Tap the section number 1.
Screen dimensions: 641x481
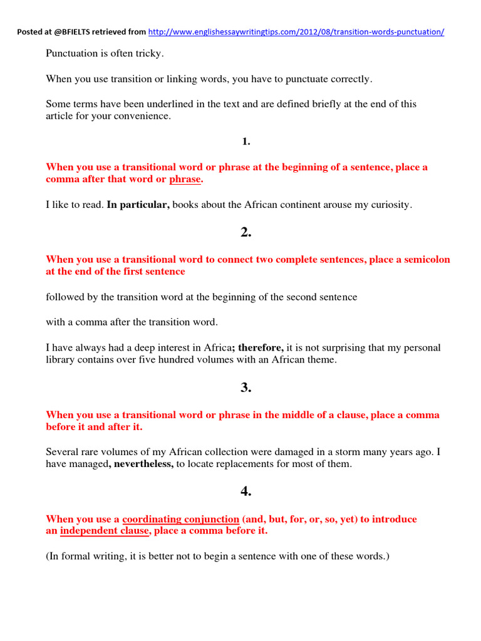(246, 141)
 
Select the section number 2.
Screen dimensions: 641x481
(246, 232)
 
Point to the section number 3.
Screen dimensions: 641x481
(246, 387)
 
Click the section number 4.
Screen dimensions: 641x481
(246, 492)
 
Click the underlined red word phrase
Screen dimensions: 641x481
(185, 180)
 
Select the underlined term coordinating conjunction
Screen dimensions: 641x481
(181, 520)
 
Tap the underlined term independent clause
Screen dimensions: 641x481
(105, 531)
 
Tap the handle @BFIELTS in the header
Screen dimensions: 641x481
(78, 32)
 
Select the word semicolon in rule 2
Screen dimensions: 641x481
(428, 260)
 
